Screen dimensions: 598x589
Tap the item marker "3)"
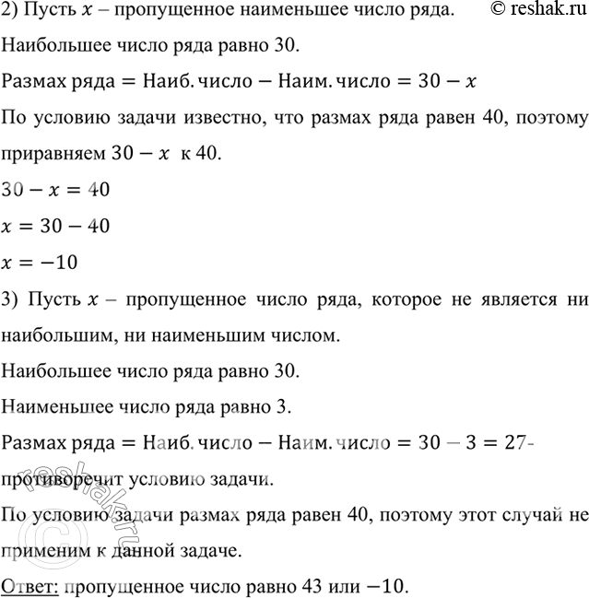point(12,303)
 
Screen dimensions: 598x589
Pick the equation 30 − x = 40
point(56,190)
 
